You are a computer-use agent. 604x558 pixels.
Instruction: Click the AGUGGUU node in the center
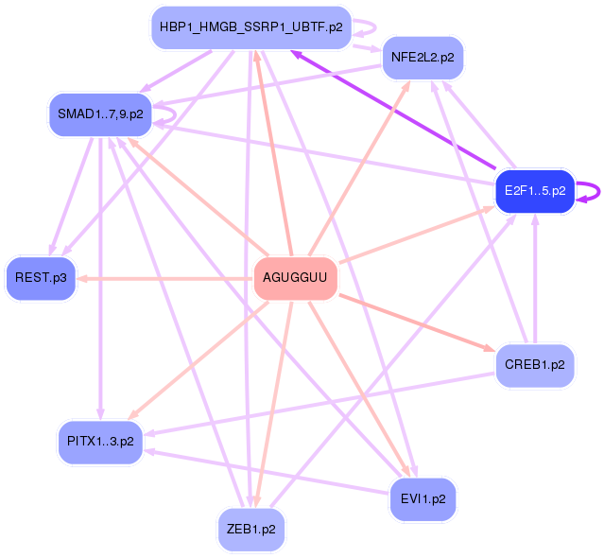(x=296, y=278)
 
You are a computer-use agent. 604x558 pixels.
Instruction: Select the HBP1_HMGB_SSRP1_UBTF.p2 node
(x=250, y=27)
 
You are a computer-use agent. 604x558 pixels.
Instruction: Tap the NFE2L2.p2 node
(x=423, y=58)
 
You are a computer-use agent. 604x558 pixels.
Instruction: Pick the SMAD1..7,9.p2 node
(x=100, y=114)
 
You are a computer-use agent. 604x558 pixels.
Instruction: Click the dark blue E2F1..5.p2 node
(x=535, y=191)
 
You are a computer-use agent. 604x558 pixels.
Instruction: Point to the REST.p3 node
(x=41, y=278)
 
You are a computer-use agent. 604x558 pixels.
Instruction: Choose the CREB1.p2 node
(x=535, y=363)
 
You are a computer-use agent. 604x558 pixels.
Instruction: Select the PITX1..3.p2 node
(x=100, y=441)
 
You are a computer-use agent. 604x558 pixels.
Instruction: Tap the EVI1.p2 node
(x=423, y=497)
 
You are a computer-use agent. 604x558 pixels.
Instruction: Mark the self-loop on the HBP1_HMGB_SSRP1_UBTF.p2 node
(x=370, y=27)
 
